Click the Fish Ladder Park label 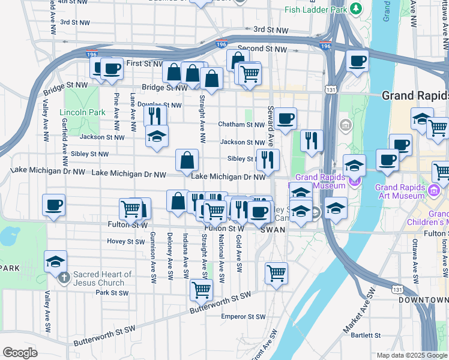coord(317,10)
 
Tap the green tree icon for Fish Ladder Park coord(357,8)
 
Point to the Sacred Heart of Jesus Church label coord(102,278)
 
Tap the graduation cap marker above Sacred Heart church coord(55,261)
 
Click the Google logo coord(20,353)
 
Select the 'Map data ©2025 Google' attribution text coord(411,355)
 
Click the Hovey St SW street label coord(126,242)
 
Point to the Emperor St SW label coord(243,317)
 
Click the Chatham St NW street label coord(241,125)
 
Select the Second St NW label coord(263,48)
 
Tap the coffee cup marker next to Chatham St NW coord(286,118)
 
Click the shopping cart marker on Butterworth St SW coord(201,290)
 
